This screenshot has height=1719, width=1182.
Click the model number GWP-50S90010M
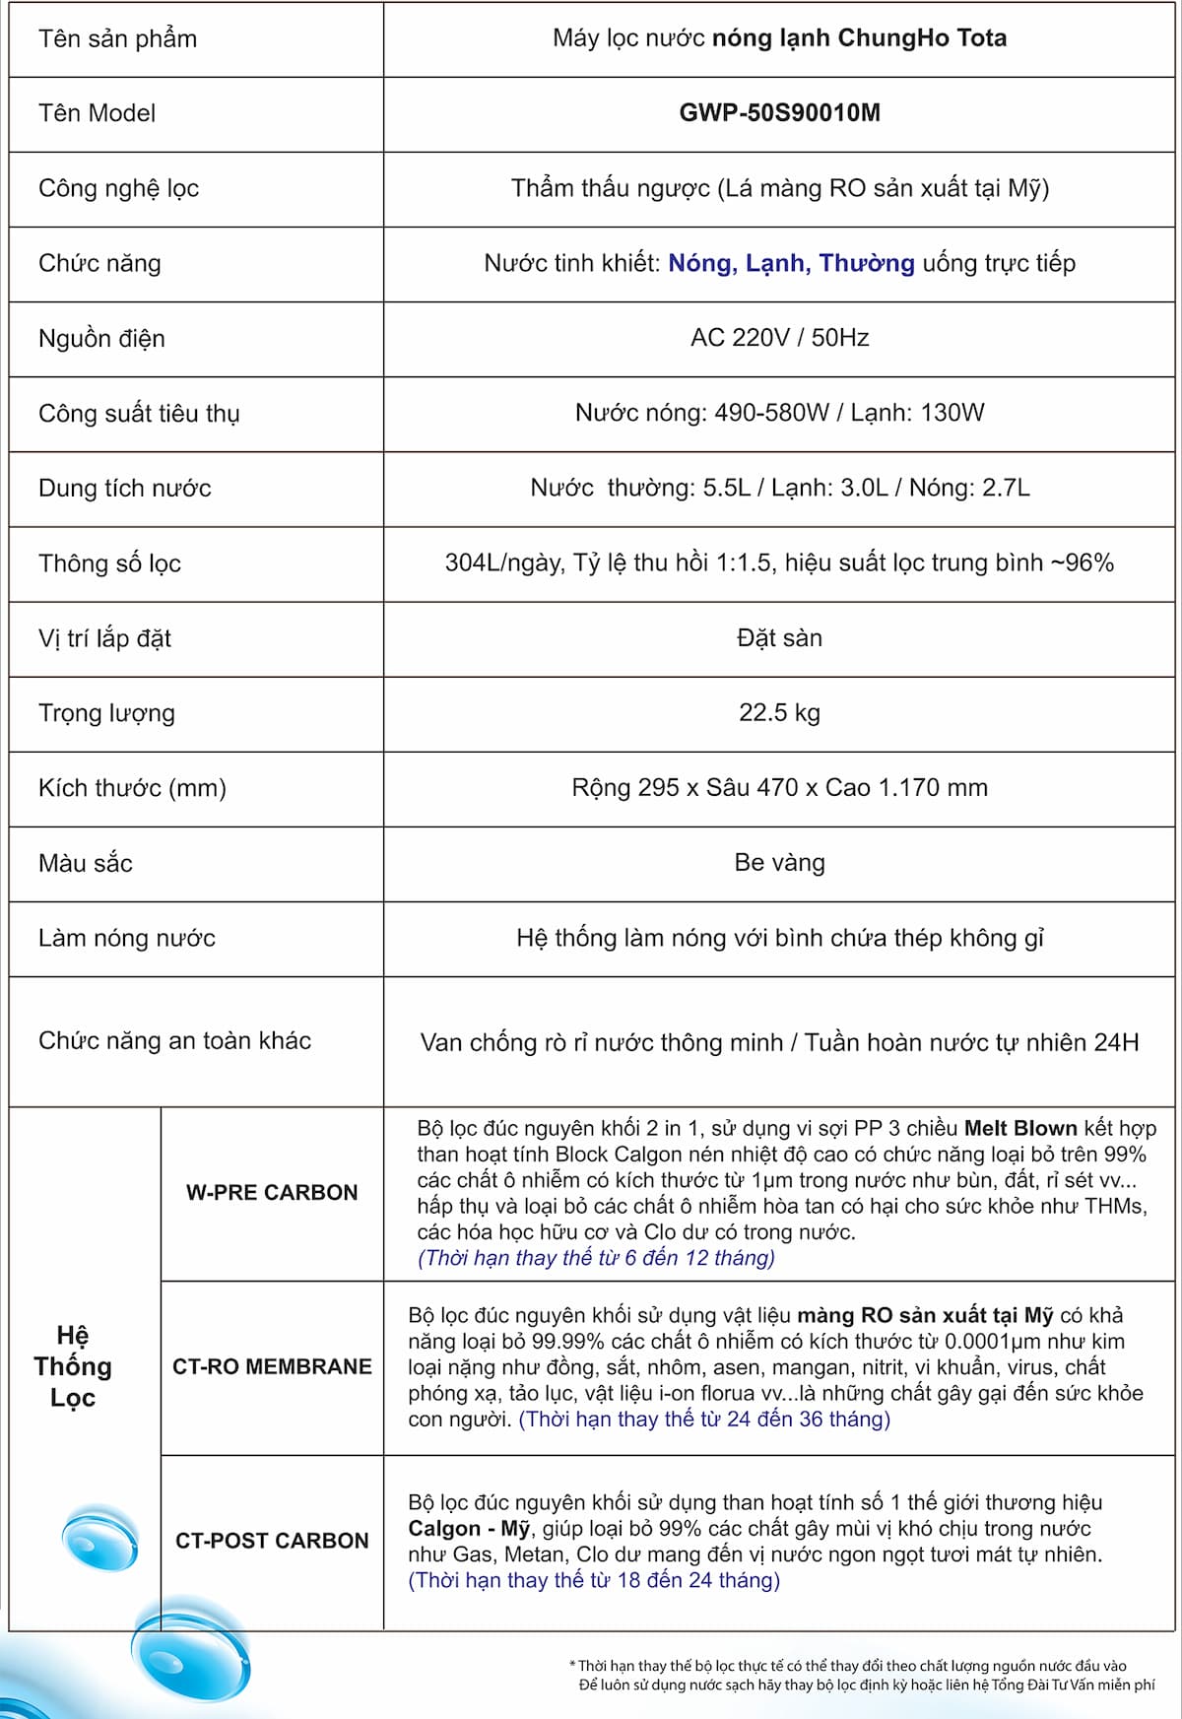(x=779, y=113)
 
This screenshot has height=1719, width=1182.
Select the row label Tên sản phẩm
(x=117, y=39)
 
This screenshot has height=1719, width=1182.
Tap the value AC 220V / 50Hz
(x=779, y=338)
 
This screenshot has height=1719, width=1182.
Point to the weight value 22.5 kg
(x=779, y=713)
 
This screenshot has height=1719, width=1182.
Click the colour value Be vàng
(x=779, y=863)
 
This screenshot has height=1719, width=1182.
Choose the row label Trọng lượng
(x=106, y=713)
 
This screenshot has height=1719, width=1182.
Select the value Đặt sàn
(x=779, y=638)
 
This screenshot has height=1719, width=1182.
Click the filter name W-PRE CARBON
(x=272, y=1193)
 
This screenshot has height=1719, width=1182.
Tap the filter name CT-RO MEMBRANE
(x=272, y=1367)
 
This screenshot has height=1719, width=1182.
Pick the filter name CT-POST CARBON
(x=272, y=1541)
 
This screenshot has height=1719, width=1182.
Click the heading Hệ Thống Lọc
(x=73, y=1366)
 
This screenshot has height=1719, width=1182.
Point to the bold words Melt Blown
(x=1020, y=1129)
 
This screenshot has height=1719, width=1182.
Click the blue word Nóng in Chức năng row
(x=699, y=264)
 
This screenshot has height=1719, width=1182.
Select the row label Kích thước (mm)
(x=132, y=788)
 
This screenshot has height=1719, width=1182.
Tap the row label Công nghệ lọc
(x=118, y=189)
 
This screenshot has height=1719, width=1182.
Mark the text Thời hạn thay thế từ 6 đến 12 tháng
(x=596, y=1258)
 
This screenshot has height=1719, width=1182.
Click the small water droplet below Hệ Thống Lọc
(x=99, y=1538)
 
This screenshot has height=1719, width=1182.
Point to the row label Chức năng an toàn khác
(x=174, y=1041)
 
